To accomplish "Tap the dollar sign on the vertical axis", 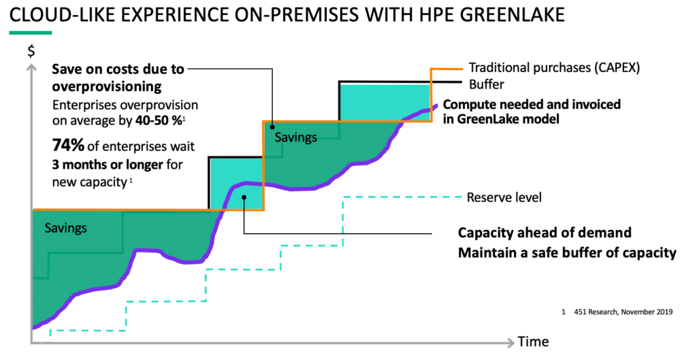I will click(x=30, y=50).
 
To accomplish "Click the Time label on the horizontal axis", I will click(x=533, y=341).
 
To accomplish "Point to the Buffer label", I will click(x=486, y=85).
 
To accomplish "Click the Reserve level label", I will click(x=504, y=198).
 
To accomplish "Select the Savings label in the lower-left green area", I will click(x=66, y=228).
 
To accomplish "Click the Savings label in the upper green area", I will click(x=296, y=137).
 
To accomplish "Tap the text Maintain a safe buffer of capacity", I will click(x=566, y=253).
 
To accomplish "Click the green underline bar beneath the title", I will click(x=30, y=33).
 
